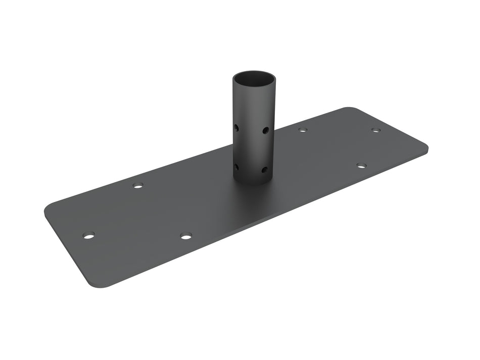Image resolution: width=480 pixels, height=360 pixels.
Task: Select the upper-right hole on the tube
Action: pyautogui.click(x=265, y=130)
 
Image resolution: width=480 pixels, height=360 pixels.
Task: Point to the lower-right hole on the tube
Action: pyautogui.click(x=265, y=170)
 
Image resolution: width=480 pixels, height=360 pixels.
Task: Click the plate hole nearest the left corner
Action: pyautogui.click(x=89, y=236)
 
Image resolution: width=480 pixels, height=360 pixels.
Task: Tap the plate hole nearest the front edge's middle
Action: pyautogui.click(x=186, y=236)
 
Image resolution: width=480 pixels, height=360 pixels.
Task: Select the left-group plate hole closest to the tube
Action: pyautogui.click(x=138, y=185)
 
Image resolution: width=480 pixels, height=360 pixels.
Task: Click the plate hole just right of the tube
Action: pyautogui.click(x=302, y=130)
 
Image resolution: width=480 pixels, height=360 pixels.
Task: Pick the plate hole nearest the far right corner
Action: pyautogui.click(x=375, y=130)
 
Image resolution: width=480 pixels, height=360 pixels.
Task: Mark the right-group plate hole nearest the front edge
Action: pyautogui.click(x=361, y=165)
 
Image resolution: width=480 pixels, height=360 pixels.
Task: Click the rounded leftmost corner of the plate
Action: pyautogui.click(x=48, y=210)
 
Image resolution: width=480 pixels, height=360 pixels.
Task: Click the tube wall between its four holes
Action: pyautogui.click(x=251, y=149)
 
